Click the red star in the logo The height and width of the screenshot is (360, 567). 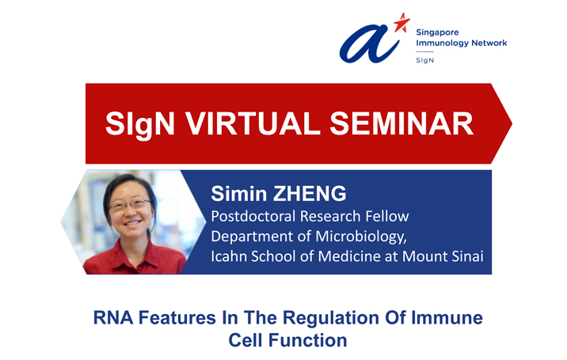[x=401, y=23]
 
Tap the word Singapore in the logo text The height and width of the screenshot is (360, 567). [x=437, y=32]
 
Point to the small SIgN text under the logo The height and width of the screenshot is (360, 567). [x=425, y=60]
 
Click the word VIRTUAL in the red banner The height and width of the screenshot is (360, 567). [x=253, y=123]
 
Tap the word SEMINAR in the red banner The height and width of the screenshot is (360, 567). [x=401, y=123]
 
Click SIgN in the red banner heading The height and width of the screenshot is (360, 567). [x=140, y=124]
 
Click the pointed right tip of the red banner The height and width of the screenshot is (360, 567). [x=512, y=123]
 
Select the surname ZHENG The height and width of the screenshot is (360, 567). [x=310, y=193]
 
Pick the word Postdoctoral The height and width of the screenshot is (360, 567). [x=253, y=216]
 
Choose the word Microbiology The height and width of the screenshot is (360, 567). [x=361, y=237]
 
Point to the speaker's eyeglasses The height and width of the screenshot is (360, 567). [x=129, y=205]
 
